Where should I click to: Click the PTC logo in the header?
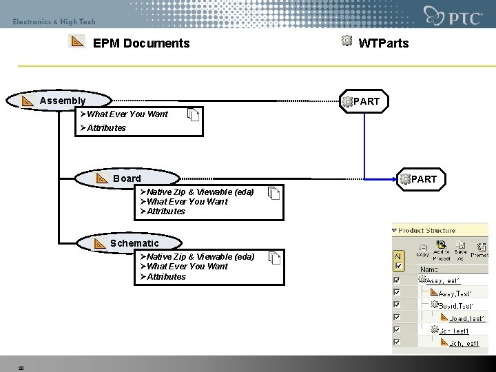453,17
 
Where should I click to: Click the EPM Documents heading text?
141,43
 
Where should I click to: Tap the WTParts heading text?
384,43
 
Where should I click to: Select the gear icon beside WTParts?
347,41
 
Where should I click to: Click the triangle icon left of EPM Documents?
77,42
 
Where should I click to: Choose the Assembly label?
63,101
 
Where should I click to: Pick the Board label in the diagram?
127,178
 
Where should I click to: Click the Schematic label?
134,243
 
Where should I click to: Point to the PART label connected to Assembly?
366,102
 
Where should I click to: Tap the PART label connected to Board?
424,179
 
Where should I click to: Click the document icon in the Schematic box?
275,259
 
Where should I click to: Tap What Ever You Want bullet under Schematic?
187,267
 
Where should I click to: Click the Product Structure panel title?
426,231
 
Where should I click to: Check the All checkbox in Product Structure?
397,256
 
